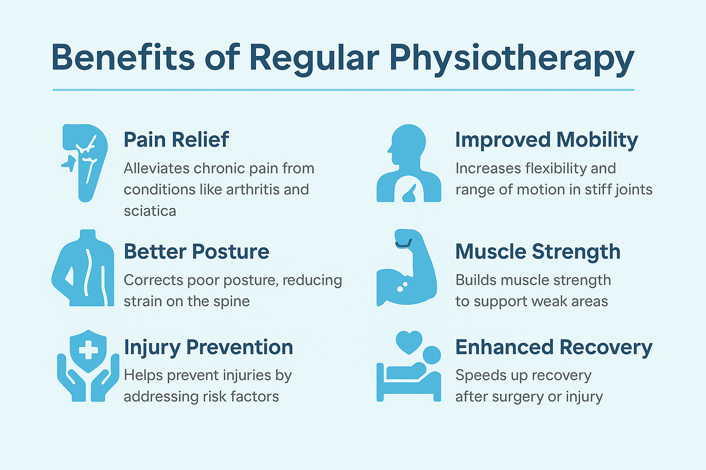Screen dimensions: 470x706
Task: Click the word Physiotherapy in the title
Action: click(512, 58)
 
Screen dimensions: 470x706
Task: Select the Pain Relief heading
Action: click(176, 140)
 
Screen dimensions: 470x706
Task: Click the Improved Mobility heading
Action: click(547, 140)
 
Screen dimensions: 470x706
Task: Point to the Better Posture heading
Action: click(196, 252)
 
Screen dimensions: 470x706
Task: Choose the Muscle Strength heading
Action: click(538, 252)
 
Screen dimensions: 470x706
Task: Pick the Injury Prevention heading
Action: click(208, 347)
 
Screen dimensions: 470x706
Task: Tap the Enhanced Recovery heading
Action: click(554, 347)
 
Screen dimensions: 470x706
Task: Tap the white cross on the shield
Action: click(88, 351)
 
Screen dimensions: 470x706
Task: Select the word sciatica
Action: click(150, 211)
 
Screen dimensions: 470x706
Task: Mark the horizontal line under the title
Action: click(343, 90)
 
